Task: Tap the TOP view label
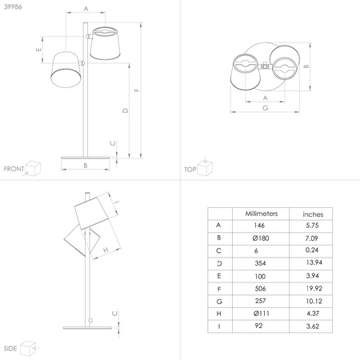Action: pyautogui.click(x=190, y=170)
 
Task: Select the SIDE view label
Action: pyautogui.click(x=10, y=350)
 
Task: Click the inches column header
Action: pyautogui.click(x=313, y=214)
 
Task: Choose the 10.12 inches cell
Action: pyautogui.click(x=313, y=300)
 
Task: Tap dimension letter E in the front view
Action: pyautogui.click(x=38, y=50)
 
